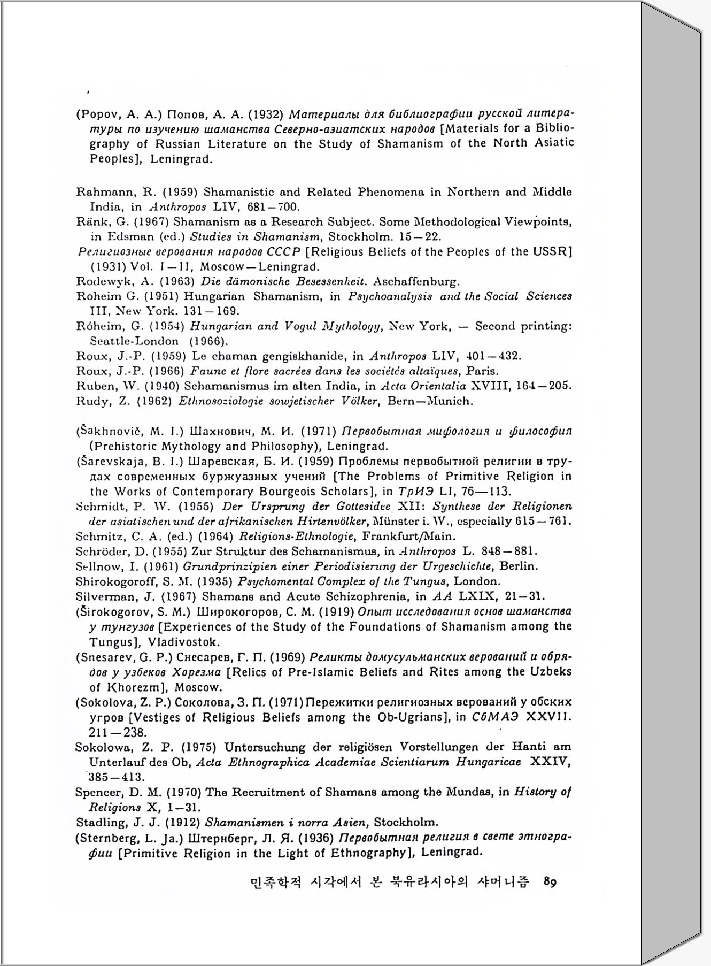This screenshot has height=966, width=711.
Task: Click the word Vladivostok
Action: tap(191, 642)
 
